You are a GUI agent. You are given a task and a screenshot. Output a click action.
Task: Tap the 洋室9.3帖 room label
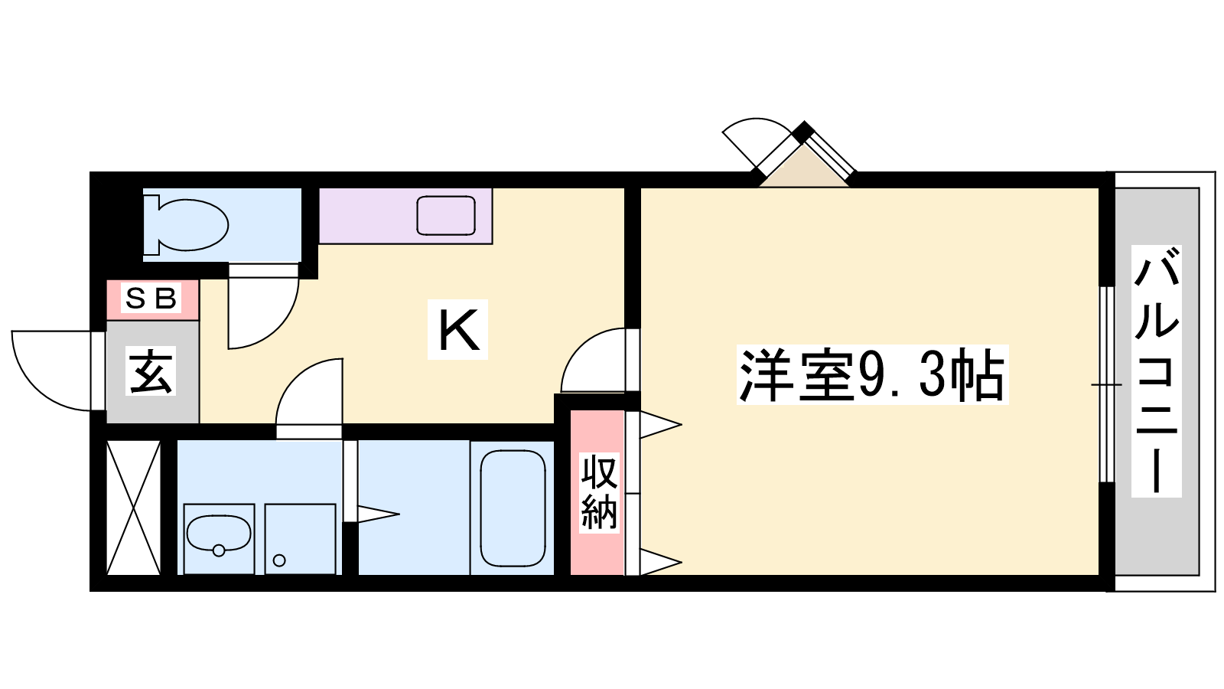point(872,375)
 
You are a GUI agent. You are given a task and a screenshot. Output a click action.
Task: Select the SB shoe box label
point(151,299)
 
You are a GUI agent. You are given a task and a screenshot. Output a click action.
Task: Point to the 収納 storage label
point(599,492)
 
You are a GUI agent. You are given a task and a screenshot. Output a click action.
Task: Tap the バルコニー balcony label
point(1156,371)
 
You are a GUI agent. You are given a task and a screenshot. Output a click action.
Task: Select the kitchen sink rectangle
point(446,215)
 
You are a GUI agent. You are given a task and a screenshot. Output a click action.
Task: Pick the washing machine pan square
point(300,539)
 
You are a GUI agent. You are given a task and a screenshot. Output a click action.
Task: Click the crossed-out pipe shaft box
point(133,508)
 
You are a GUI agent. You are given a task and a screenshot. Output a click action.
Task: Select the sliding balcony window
point(1106,384)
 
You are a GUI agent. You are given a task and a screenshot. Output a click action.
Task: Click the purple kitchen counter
point(405,216)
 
